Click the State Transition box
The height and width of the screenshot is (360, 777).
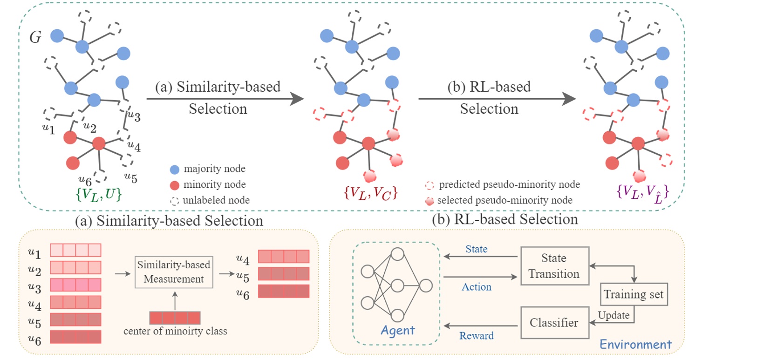555,265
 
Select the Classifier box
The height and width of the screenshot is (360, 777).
555,323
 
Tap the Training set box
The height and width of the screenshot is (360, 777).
634,294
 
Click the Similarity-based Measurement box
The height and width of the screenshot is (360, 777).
174,272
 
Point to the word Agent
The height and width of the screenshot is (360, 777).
397,330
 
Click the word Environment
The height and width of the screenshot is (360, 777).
635,344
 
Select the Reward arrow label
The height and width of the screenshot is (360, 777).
476,335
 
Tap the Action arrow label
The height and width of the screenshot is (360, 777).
476,286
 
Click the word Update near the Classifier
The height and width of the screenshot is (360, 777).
613,315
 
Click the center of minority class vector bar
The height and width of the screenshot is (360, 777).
175,318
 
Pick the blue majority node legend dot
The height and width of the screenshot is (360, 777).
175,170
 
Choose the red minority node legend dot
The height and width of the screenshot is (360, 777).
175,185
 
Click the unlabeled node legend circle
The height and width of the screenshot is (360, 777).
175,201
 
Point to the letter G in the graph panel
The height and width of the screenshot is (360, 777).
35,37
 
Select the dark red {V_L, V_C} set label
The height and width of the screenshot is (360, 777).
370,193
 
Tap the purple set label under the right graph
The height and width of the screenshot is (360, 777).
643,193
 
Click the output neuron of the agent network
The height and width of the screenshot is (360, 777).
426,286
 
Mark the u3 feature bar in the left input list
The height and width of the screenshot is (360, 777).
75,285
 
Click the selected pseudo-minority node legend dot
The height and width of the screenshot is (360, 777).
430,201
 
